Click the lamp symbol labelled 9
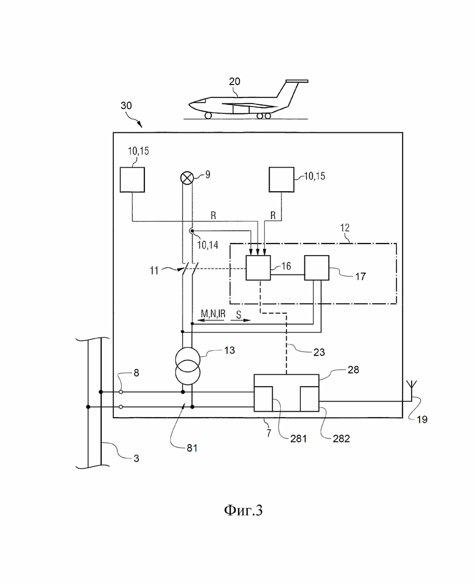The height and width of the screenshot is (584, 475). point(187,178)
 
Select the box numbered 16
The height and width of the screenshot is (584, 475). point(258,268)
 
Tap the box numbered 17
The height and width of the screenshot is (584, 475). point(317,268)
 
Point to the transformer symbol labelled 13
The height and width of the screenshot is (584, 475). point(188,366)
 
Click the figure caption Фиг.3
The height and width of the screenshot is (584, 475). point(243,510)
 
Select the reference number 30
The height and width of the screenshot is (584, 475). point(126,106)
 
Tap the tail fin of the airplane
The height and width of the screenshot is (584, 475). point(290,93)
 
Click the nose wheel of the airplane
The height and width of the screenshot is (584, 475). point(208,116)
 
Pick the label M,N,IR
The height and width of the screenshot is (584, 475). point(213,314)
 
